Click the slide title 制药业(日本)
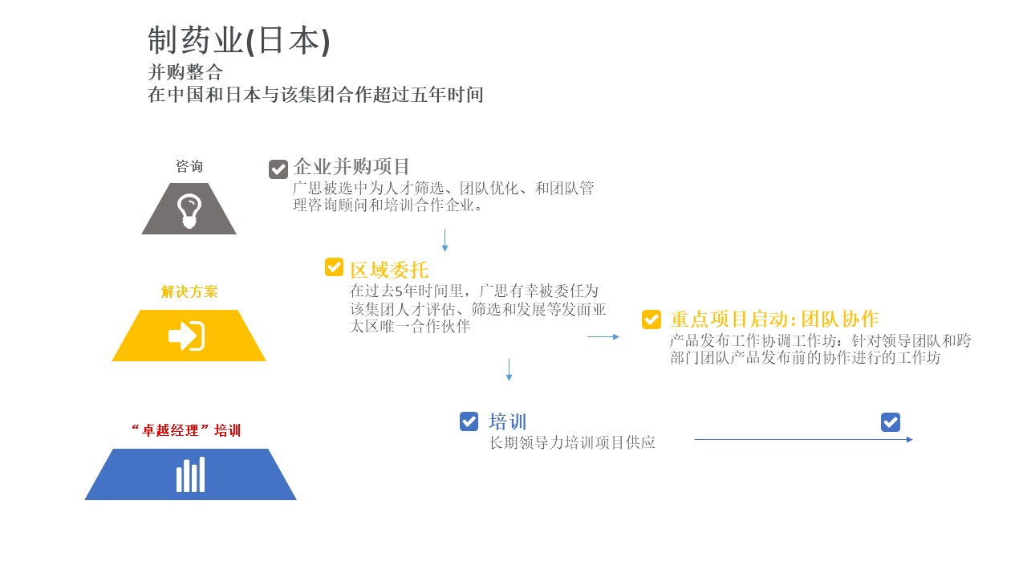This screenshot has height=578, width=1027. pyautogui.click(x=239, y=41)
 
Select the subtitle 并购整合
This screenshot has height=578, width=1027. pyautogui.click(x=185, y=72)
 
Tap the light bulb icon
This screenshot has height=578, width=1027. pyautogui.click(x=189, y=211)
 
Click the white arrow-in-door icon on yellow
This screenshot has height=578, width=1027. pyautogui.click(x=187, y=336)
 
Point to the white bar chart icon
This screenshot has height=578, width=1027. pyautogui.click(x=191, y=474)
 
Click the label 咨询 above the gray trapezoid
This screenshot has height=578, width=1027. pyautogui.click(x=189, y=166)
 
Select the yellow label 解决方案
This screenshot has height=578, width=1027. pyautogui.click(x=189, y=291)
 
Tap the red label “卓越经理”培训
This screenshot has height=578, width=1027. pyautogui.click(x=186, y=430)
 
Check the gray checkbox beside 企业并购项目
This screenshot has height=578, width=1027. pyautogui.click(x=278, y=169)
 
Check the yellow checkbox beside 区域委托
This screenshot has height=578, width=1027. pyautogui.click(x=334, y=267)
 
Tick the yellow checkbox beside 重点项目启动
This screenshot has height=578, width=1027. pyautogui.click(x=652, y=320)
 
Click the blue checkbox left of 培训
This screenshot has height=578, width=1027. pyautogui.click(x=469, y=421)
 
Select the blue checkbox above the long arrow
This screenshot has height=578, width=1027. pyautogui.click(x=891, y=422)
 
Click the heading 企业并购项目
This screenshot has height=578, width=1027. pyautogui.click(x=351, y=166)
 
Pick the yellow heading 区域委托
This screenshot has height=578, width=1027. pyautogui.click(x=389, y=270)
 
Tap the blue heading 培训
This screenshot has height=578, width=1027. pyautogui.click(x=508, y=421)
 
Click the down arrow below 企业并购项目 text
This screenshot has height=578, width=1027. pyautogui.click(x=444, y=240)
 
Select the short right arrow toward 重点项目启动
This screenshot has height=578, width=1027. pyautogui.click(x=603, y=336)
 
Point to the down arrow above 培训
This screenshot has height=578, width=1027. pyautogui.click(x=509, y=370)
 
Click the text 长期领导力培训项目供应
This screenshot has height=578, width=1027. pyautogui.click(x=572, y=442)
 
